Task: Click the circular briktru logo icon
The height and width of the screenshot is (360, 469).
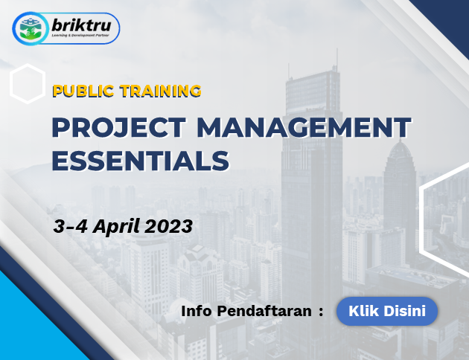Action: pos(31,29)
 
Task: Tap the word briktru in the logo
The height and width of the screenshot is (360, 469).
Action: pos(81,25)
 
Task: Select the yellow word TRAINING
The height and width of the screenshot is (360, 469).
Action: pos(161,91)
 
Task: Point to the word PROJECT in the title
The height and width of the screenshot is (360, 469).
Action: pos(119,128)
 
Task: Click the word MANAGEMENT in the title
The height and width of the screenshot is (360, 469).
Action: pos(304,128)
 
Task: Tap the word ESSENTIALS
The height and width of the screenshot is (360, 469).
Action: pos(141,161)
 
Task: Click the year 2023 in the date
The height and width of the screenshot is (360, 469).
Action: pos(169,226)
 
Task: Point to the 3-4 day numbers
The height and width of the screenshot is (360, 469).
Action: pos(70,226)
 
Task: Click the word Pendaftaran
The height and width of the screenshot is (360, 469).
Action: pos(264,311)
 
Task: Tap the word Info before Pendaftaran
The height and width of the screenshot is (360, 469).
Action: pos(197,311)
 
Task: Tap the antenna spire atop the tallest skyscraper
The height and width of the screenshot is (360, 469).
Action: pos(336,60)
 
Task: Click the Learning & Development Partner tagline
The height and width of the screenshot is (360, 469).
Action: pos(80,36)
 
